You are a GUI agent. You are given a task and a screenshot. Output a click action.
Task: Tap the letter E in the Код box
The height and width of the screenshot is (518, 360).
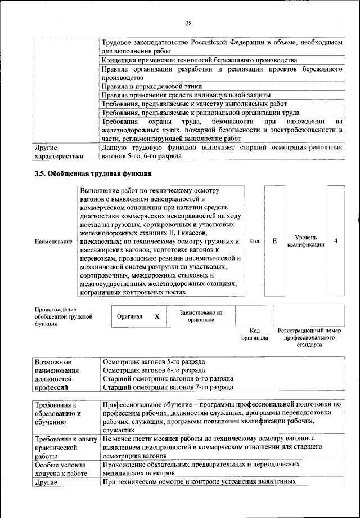(274, 241)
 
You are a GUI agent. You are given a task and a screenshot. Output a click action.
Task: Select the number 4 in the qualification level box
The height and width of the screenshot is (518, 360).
(335, 241)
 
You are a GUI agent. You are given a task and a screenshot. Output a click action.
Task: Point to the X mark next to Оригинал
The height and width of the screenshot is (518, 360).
(157, 316)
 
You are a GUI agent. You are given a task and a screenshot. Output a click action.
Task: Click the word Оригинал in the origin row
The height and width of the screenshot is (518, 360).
(129, 317)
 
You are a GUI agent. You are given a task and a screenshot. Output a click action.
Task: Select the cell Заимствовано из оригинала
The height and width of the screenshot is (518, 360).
(201, 316)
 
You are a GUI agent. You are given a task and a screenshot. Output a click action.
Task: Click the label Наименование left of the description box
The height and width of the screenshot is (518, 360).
(53, 242)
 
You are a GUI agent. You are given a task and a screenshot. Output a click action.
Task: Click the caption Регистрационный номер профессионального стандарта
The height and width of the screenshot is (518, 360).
(310, 337)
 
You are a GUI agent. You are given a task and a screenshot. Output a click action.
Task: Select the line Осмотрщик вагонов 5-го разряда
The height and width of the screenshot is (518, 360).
(154, 361)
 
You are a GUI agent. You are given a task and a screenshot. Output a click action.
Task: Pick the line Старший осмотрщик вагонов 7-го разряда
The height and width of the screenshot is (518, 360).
(167, 388)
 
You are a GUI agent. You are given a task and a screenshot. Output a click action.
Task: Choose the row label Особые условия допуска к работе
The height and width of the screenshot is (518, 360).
(61, 470)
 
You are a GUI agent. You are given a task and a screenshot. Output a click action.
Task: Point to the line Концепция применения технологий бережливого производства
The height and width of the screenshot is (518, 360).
(199, 60)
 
